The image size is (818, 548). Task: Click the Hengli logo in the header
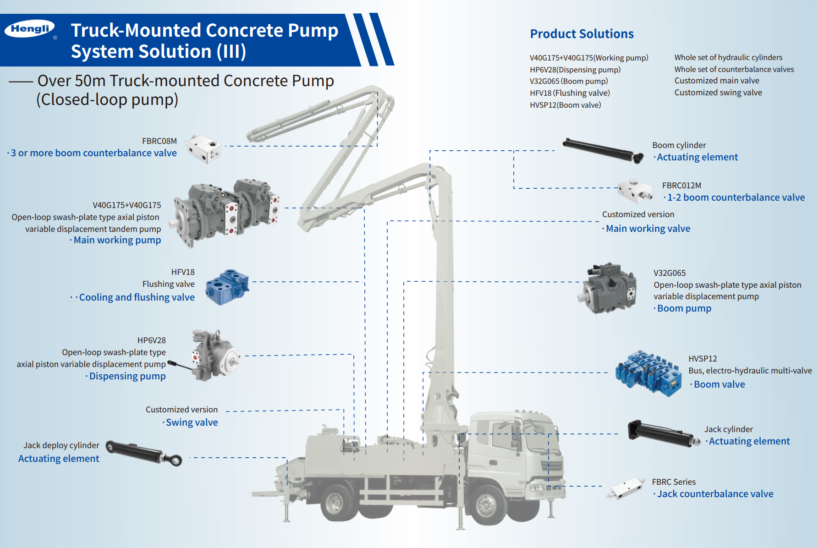click(x=30, y=29)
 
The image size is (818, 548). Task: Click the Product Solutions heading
click(x=582, y=34)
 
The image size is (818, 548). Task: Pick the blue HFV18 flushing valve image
click(x=227, y=286)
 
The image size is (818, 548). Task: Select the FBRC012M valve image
click(x=635, y=191)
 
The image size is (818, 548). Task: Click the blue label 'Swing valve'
click(x=192, y=422)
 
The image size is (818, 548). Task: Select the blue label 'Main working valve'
click(x=648, y=229)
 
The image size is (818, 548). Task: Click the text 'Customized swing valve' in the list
click(x=718, y=93)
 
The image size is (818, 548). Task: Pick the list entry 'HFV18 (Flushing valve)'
click(x=570, y=93)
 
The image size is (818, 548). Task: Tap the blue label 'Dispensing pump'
click(x=127, y=376)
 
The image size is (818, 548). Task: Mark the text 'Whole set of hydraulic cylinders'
click(x=728, y=57)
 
